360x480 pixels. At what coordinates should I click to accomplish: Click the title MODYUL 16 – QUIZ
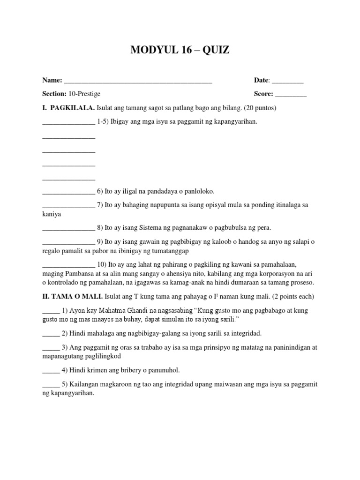(x=180, y=50)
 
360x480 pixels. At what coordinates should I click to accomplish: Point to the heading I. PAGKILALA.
(x=68, y=108)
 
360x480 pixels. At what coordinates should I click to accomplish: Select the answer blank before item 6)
(x=68, y=192)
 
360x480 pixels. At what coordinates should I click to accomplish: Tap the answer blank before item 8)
(x=68, y=228)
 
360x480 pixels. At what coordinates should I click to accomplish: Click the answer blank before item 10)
(x=68, y=265)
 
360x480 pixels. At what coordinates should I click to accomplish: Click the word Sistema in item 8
(x=152, y=228)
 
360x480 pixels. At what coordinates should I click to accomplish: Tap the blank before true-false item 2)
(x=51, y=334)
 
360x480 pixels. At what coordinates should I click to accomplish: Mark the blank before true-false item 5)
(x=51, y=385)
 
